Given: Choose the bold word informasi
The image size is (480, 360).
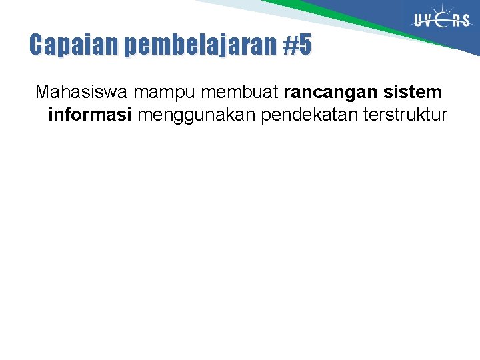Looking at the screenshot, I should point(90,115).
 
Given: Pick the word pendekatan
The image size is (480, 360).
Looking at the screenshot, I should point(310,115).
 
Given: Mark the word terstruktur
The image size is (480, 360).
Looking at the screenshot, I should point(405,115).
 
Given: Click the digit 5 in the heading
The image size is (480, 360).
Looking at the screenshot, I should point(304,45).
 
